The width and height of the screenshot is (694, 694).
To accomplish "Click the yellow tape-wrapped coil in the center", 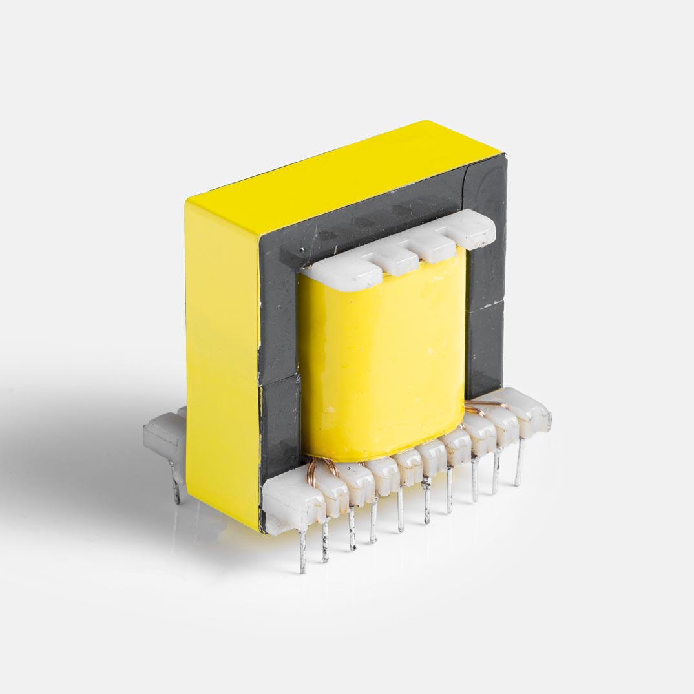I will point(381,362).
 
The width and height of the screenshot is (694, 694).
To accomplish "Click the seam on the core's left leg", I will point(278,381).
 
